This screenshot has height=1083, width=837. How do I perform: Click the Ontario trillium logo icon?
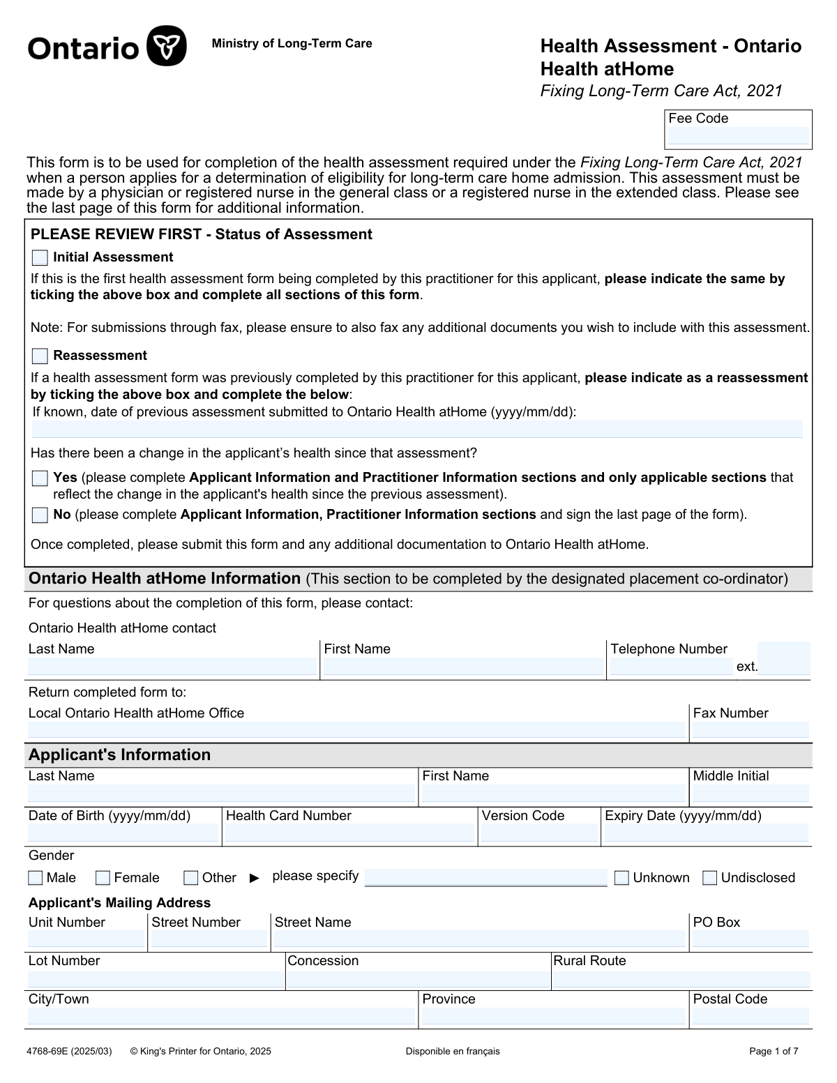(x=167, y=46)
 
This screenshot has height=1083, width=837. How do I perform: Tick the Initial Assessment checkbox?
(x=40, y=258)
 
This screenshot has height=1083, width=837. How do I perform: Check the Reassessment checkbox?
(x=40, y=356)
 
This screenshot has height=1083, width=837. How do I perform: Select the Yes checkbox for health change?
(x=40, y=478)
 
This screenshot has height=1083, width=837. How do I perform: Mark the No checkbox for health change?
(x=40, y=515)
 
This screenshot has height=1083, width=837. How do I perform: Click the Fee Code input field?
(x=738, y=136)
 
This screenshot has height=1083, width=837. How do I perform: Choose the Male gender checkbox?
(x=36, y=878)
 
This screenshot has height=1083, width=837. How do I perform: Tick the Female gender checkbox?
(x=103, y=878)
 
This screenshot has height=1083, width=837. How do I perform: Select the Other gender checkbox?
(x=191, y=878)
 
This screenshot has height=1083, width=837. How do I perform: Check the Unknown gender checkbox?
(x=621, y=878)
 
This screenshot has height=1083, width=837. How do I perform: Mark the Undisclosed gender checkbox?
(x=710, y=878)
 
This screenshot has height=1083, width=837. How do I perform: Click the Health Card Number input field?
(x=349, y=833)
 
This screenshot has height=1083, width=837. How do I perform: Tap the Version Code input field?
(x=539, y=833)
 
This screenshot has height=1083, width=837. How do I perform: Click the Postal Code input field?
(x=751, y=1017)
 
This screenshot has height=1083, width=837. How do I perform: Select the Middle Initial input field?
(x=751, y=794)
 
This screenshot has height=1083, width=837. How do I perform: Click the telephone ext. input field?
(x=784, y=658)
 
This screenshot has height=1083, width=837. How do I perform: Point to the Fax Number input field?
(x=751, y=730)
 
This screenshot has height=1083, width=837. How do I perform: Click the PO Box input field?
(x=751, y=939)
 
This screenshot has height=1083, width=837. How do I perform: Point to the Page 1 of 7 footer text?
(x=774, y=1052)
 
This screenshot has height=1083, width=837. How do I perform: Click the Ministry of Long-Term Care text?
(x=292, y=44)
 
